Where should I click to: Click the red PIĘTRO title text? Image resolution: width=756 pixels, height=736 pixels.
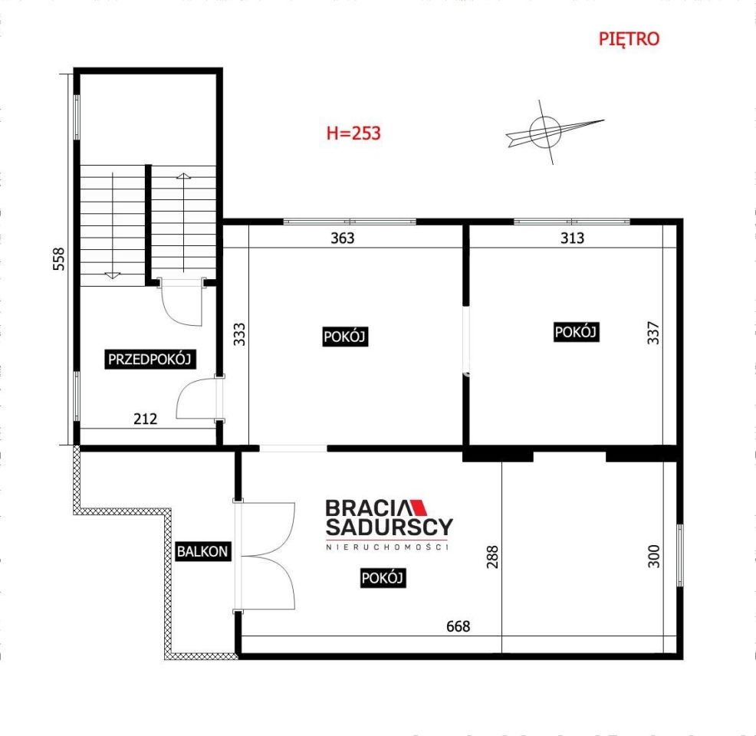[x=629, y=39]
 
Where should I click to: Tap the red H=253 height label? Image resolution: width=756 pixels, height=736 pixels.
[x=353, y=133]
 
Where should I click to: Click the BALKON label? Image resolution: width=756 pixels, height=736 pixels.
[x=202, y=550]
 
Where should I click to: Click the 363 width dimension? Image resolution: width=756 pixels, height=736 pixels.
[x=342, y=238]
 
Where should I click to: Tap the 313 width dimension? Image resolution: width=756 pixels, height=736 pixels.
[x=572, y=238]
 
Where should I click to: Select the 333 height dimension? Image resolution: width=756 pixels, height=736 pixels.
[x=239, y=335]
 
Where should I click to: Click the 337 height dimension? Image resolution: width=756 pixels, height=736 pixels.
[x=653, y=332]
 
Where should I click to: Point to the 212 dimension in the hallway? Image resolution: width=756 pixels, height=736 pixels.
[x=145, y=419]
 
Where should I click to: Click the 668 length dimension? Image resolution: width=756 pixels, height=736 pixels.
[x=458, y=626]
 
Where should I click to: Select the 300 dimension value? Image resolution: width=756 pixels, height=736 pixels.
[x=653, y=556]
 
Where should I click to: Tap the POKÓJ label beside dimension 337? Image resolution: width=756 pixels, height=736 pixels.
[x=576, y=332]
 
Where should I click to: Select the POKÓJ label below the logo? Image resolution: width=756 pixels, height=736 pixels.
[x=383, y=579]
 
